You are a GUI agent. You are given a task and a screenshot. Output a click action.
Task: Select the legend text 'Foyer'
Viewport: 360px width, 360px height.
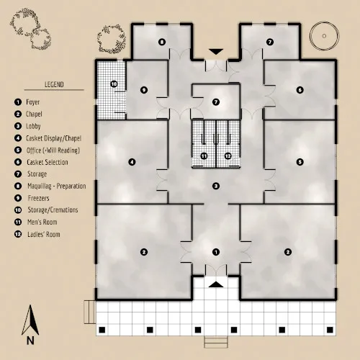[33, 102]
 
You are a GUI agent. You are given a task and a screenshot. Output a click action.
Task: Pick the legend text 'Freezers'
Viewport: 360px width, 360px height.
[37, 198]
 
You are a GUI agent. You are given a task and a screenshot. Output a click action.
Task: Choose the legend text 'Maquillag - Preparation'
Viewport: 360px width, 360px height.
[56, 186]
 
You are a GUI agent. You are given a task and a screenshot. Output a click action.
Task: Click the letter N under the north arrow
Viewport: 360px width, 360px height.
[30, 339]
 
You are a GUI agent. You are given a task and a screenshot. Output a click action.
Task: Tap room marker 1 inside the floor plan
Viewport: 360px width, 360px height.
[215, 252]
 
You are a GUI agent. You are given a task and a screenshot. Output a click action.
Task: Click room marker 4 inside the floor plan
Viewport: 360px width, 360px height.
[132, 162]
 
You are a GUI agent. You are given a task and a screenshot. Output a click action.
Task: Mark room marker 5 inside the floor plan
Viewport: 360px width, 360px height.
[300, 162]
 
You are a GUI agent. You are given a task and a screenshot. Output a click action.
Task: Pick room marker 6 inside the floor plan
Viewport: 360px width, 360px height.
[300, 90]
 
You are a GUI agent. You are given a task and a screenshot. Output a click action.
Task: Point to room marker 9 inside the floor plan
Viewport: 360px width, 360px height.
[144, 90]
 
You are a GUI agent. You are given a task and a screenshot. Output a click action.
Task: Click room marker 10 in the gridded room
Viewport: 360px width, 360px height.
[114, 85]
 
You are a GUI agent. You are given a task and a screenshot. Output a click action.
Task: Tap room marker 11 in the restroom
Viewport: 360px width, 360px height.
[204, 156]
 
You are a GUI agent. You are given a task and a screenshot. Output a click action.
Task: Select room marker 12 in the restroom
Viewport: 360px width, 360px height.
[228, 156]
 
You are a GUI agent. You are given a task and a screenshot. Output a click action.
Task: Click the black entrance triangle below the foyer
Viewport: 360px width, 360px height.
[215, 285]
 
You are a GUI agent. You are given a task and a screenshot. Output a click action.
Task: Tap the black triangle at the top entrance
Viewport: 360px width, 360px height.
[215, 53]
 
